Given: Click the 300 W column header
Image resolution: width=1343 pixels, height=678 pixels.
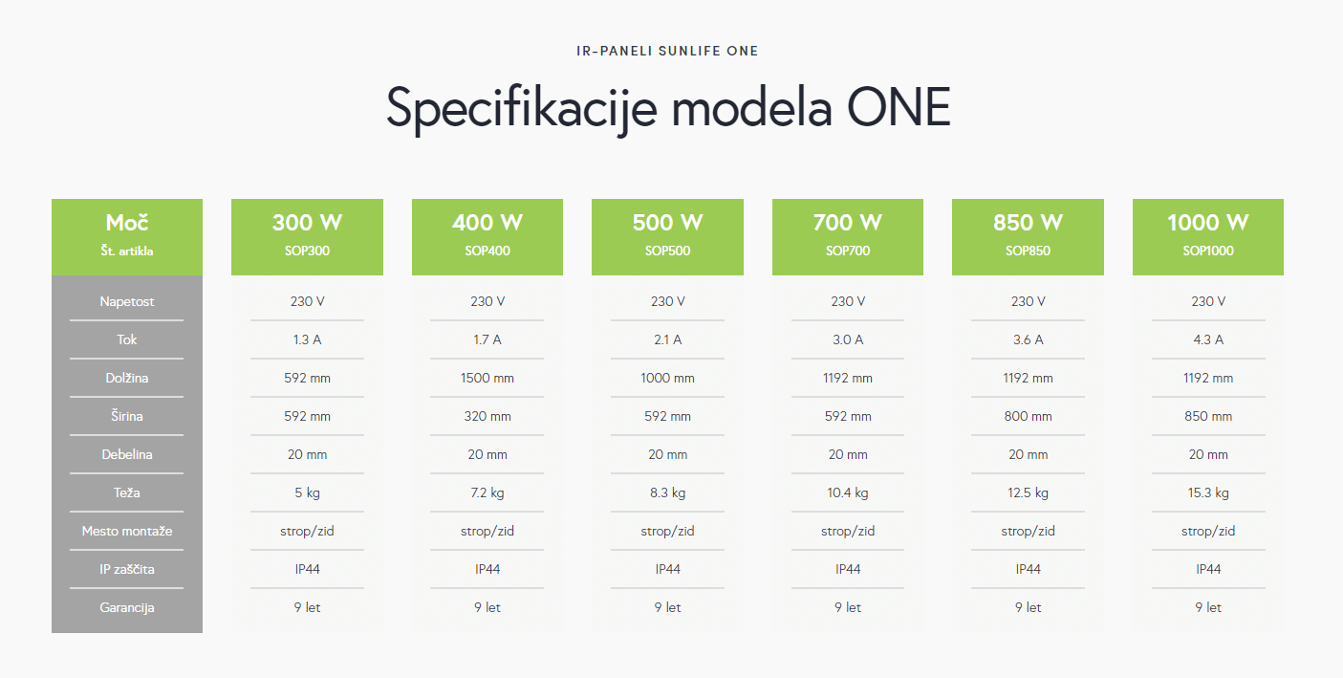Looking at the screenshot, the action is coord(307,223).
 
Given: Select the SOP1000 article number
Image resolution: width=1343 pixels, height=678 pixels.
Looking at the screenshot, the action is coord(1207,251).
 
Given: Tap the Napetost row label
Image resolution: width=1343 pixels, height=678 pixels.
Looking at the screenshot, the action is coord(127,301).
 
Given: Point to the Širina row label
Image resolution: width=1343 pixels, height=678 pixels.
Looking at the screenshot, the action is coord(127,416).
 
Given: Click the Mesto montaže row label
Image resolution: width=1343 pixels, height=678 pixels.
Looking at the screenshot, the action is coord(127,531).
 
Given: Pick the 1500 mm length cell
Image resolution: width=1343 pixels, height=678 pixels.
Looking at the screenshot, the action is coord(487,378).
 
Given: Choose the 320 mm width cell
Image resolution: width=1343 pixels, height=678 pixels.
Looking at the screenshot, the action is coord(487,416).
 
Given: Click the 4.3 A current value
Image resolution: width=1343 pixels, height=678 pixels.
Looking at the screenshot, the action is coord(1208,339).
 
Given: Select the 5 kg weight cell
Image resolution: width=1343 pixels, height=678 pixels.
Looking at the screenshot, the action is coord(307,492).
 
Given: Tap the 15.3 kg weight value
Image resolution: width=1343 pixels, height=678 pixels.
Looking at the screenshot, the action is coord(1208,492).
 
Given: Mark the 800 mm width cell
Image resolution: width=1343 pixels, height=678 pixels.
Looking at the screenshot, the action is coord(1028,416).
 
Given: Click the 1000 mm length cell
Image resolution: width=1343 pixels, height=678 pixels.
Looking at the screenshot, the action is coord(667,378).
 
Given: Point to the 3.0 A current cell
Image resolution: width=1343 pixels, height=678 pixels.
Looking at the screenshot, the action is coord(848,339).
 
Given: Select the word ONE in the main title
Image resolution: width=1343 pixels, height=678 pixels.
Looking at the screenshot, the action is coord(899,107).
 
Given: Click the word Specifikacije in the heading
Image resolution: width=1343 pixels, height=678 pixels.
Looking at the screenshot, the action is coord(522,109).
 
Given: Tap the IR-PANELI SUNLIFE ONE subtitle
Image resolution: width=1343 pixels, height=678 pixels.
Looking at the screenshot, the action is coord(667,51).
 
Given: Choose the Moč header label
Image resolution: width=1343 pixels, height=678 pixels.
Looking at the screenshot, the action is coord(127,223).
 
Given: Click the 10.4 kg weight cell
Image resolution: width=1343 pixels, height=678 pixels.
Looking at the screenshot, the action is coord(848,492).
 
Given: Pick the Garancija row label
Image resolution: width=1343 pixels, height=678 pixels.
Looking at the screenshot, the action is coord(127,607).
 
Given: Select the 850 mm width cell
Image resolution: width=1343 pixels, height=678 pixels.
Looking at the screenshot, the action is coord(1208,416).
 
